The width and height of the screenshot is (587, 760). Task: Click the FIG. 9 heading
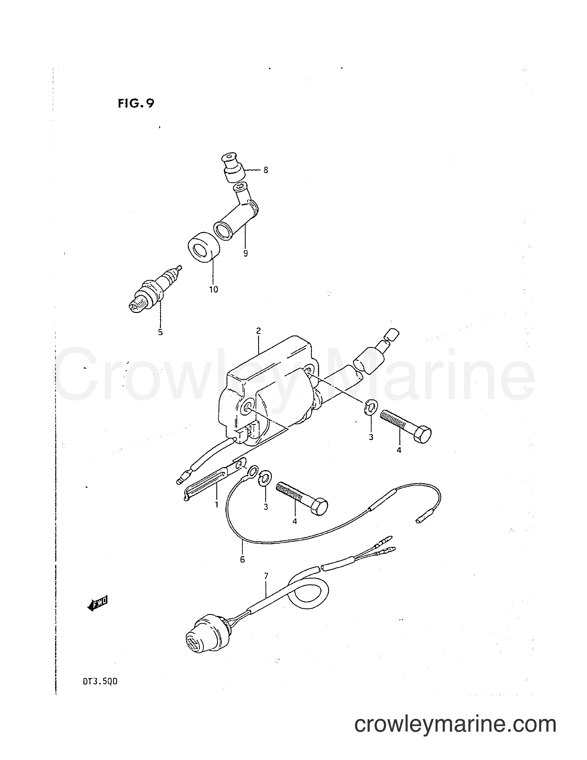click(136, 104)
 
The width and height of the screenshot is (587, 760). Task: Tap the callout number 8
click(266, 171)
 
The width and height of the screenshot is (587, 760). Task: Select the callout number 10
click(213, 289)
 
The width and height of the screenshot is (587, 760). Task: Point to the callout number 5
click(160, 332)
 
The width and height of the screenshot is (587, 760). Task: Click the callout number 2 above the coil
click(258, 331)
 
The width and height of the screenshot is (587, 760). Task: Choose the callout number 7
click(266, 576)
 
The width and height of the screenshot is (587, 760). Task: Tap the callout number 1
click(216, 504)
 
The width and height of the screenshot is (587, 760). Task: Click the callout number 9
click(246, 253)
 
